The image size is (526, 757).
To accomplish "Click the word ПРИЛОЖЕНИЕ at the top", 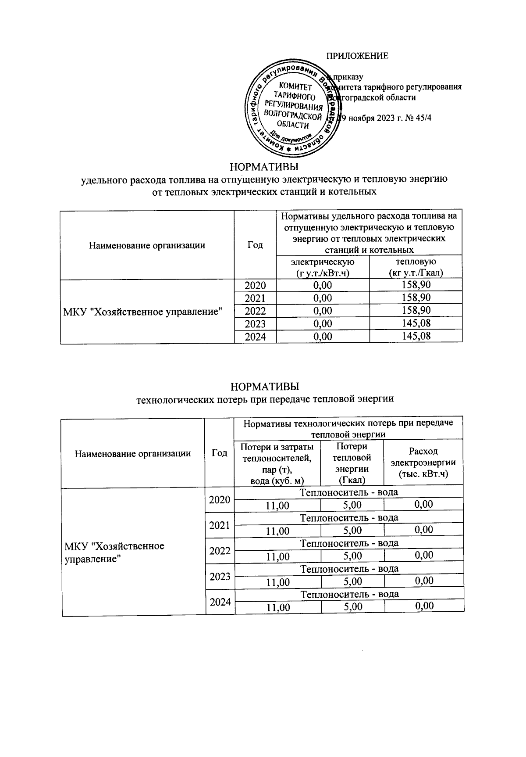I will tap(357, 56).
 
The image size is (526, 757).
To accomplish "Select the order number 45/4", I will tap(423, 118).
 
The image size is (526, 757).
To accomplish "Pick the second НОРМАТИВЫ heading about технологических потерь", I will tap(265, 387).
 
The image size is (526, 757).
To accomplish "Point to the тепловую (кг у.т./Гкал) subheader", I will tap(416, 267).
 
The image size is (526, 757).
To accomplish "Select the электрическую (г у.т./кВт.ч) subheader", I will tap(323, 267).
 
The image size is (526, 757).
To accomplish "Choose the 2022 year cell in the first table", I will tap(255, 311).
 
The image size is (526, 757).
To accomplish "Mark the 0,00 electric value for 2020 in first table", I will tap(323, 285).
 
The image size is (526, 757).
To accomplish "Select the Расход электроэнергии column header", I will tap(423, 462).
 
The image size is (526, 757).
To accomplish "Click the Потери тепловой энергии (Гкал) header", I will tap(352, 463).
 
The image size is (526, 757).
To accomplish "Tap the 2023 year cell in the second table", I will tap(220, 576).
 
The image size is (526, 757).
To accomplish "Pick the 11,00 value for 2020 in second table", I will tap(278, 505).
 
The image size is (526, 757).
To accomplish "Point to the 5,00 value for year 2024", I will tap(353, 606).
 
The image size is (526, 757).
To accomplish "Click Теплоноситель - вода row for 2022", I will tap(349, 543).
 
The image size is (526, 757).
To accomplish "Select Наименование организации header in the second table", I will tap(133, 453).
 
